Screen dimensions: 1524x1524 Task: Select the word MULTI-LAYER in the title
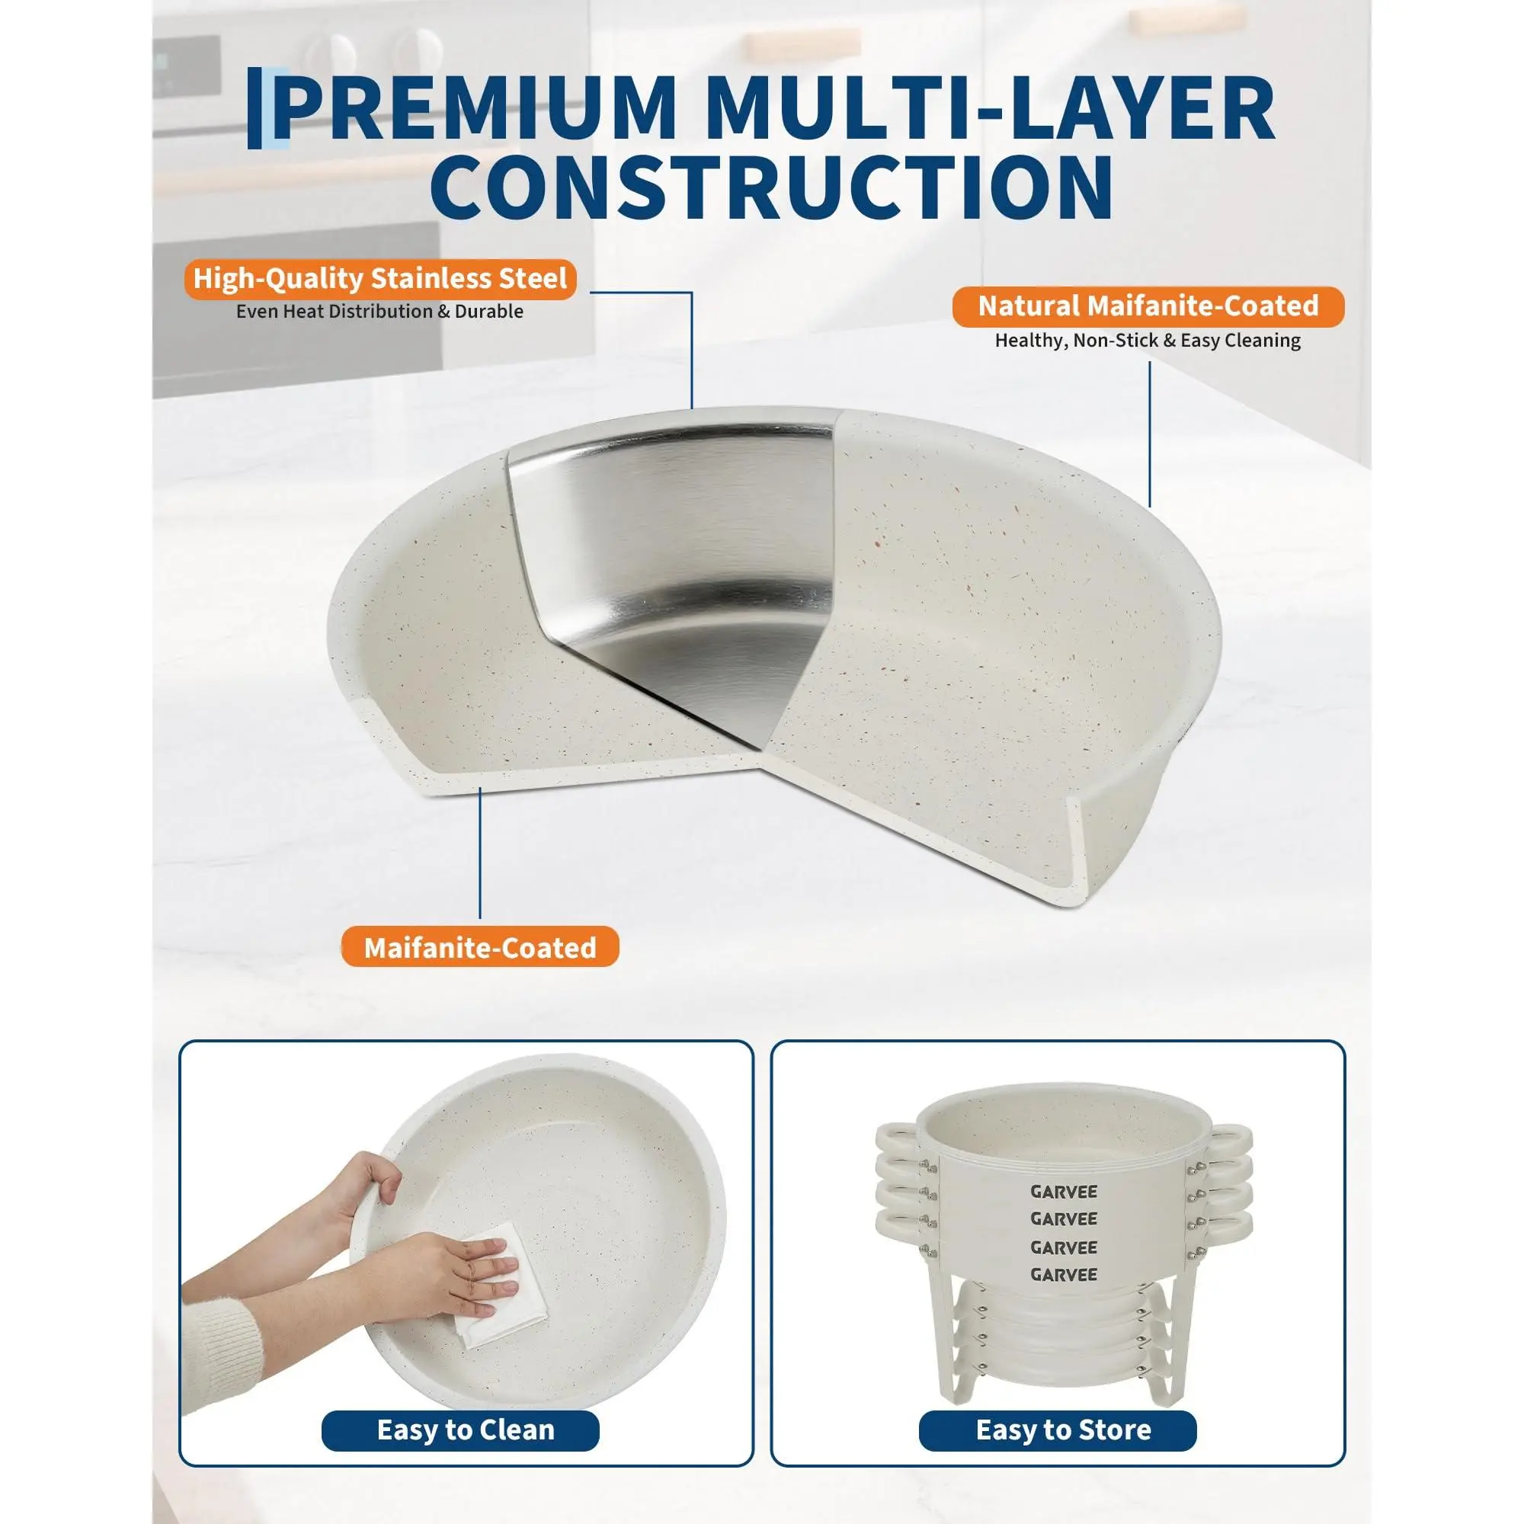pyautogui.click(x=990, y=108)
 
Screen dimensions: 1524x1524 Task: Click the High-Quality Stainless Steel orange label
pyautogui.click(x=380, y=278)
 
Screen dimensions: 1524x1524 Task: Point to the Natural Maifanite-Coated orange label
pyautogui.click(x=1148, y=306)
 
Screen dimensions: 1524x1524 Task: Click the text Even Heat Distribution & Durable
pyautogui.click(x=379, y=312)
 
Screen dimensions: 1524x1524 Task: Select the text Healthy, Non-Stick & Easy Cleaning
pyautogui.click(x=1148, y=341)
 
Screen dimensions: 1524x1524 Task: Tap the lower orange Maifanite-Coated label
pyautogui.click(x=479, y=947)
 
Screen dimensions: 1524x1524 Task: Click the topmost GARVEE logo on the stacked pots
pyautogui.click(x=1063, y=1192)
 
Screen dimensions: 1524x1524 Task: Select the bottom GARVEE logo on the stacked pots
pyautogui.click(x=1063, y=1275)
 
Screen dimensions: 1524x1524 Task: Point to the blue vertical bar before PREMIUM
pyautogui.click(x=255, y=108)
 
